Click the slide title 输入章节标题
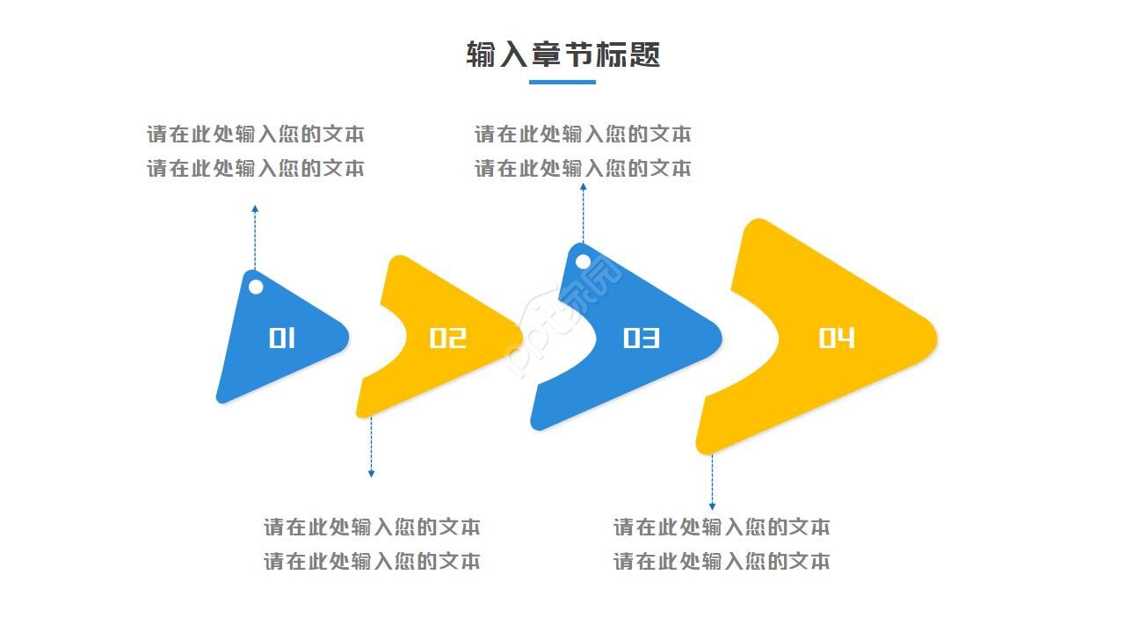pos(562,55)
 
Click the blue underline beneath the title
pos(562,83)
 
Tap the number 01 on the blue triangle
pos(282,338)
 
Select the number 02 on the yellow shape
pos(447,338)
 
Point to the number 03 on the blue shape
pos(641,338)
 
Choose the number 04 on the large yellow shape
pos(836,338)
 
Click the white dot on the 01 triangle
pos(256,287)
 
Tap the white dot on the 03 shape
pos(583,261)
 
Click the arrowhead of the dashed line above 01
pos(255,209)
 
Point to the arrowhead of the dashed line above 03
pos(583,186)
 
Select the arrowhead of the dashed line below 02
pos(371,474)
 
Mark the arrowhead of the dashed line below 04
pos(712,506)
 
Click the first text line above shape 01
pos(255,135)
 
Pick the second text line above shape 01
pos(255,168)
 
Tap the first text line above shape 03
pos(583,135)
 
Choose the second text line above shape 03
pos(583,168)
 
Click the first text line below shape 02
pos(372,527)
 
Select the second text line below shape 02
pos(372,561)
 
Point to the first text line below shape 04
pos(722,527)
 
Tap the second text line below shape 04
pos(722,561)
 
